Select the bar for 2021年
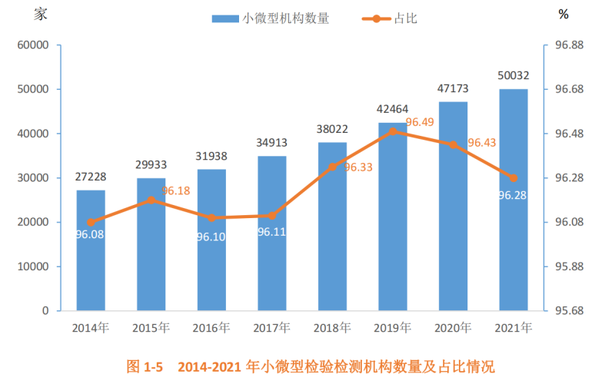pos(513,200)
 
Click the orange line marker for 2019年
pos(393,131)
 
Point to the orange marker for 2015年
pos(151,200)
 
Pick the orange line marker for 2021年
pos(514,178)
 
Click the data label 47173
pos(453,89)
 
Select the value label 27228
pos(91,177)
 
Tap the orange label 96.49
pos(420,122)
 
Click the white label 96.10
pos(211,237)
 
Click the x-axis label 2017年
pos(271,328)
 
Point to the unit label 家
pos(41,13)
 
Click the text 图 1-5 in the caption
pos(145,366)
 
